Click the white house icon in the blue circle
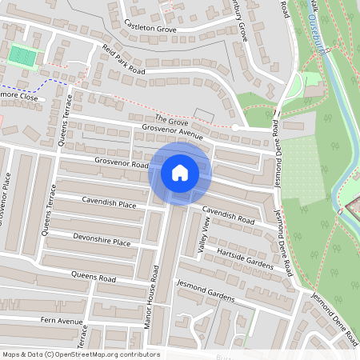pyautogui.click(x=180, y=172)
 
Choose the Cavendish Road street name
pyautogui.click(x=228, y=214)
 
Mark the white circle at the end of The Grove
pyautogui.click(x=236, y=127)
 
